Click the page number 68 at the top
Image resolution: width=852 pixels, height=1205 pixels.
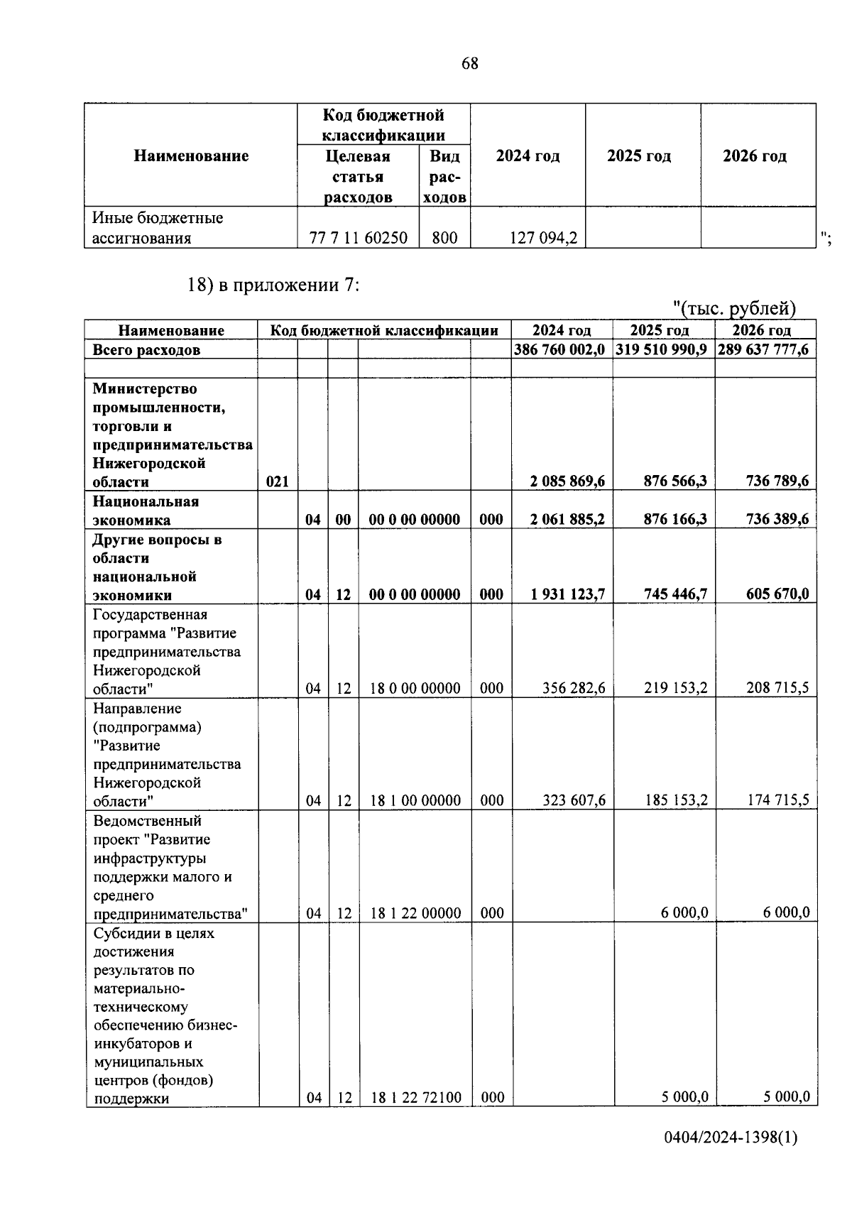pos(470,64)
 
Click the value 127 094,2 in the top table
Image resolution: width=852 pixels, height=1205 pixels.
pos(543,239)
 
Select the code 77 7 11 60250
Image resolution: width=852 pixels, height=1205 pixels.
pos(359,239)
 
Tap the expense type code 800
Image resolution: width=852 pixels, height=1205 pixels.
pos(444,239)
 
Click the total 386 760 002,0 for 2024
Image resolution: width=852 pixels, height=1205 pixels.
pos(560,349)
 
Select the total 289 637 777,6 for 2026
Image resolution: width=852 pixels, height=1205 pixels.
pos(763,349)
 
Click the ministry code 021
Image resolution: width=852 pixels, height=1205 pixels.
pos(277,481)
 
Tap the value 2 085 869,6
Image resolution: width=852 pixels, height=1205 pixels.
pos(567,481)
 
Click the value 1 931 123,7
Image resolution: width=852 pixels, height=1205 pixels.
pos(567,594)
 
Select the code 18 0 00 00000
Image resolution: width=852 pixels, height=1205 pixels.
pos(415,688)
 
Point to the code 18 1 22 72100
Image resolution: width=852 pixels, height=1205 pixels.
pos(415,1098)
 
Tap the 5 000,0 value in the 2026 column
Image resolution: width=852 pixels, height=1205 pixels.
pos(786,1097)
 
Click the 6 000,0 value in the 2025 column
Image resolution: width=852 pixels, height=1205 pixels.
pos(684,913)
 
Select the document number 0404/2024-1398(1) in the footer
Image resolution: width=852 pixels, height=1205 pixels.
pos(731,1138)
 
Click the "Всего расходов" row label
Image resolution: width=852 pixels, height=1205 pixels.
pos(146,350)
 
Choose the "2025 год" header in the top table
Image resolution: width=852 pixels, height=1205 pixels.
pos(639,156)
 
